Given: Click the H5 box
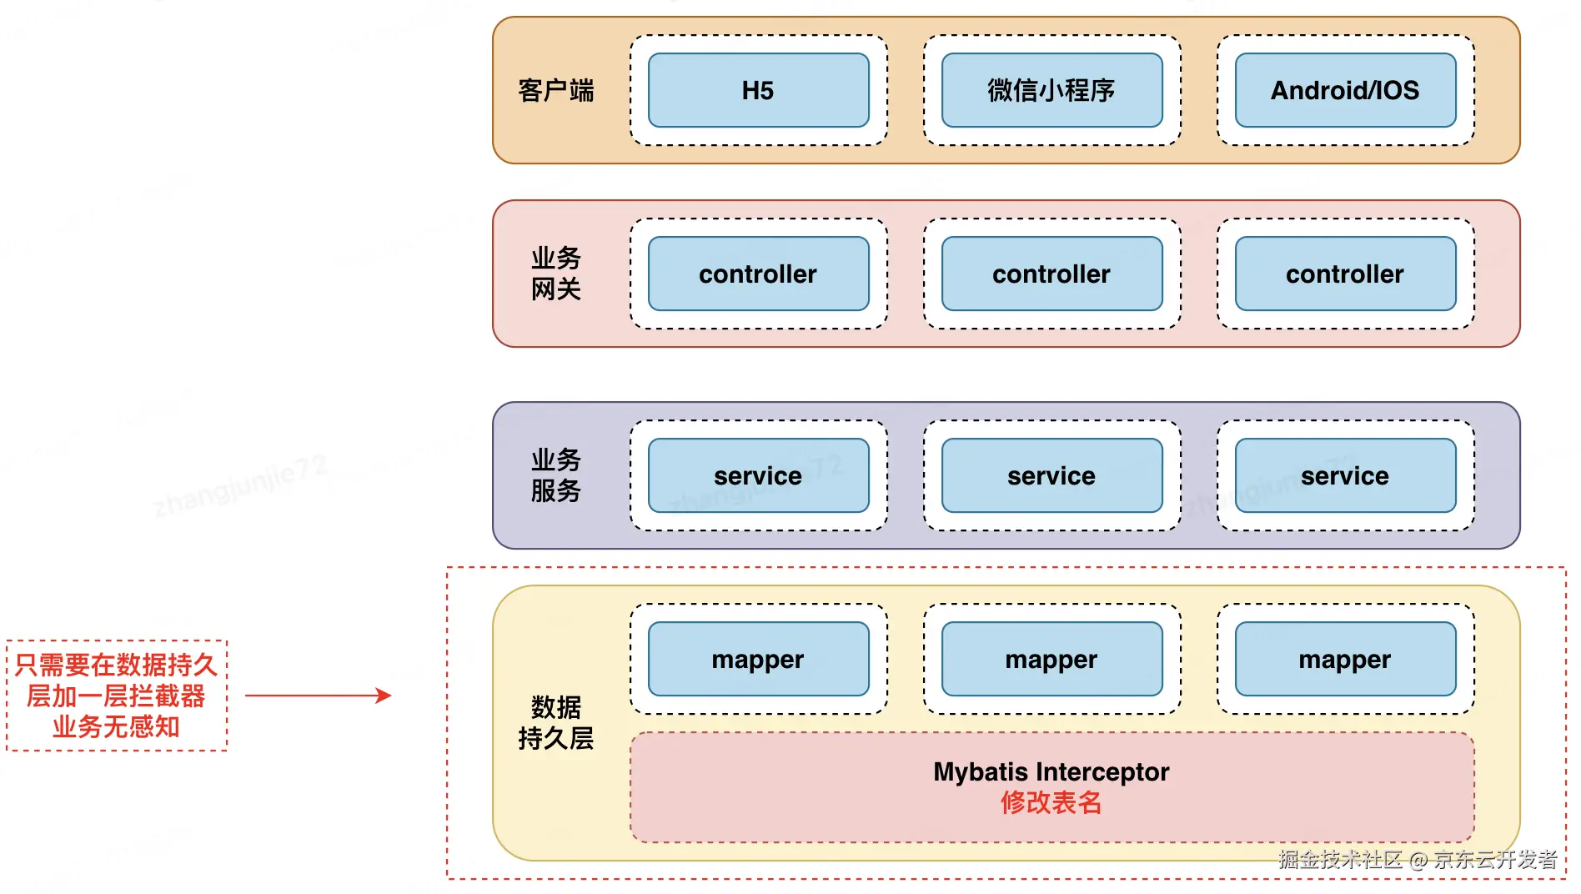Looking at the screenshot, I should [x=758, y=90].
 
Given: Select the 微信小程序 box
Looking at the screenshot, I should [x=1051, y=90].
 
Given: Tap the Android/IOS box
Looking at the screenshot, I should [x=1345, y=90].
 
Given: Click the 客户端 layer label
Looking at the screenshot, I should [x=555, y=90].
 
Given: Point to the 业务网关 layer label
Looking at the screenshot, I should [x=555, y=274].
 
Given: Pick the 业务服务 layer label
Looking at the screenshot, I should [x=555, y=475].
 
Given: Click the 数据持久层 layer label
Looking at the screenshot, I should [x=555, y=722].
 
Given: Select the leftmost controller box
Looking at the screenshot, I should [x=758, y=274].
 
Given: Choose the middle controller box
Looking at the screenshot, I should [x=1051, y=274].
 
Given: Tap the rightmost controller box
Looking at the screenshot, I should [x=1345, y=274].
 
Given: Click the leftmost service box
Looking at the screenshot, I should [x=758, y=475].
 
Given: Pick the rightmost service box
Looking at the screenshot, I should [x=1345, y=475].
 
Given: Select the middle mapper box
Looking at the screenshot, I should [x=1051, y=659].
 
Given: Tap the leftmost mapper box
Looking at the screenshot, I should [x=758, y=659].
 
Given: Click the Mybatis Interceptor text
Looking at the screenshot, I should [x=1051, y=771].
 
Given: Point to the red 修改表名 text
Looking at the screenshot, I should [x=1051, y=802].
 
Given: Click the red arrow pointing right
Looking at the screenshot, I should [x=318, y=695].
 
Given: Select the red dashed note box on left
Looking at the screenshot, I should [x=117, y=696].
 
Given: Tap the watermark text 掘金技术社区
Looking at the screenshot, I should [x=1341, y=860].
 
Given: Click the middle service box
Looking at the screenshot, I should [x=1051, y=475].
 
